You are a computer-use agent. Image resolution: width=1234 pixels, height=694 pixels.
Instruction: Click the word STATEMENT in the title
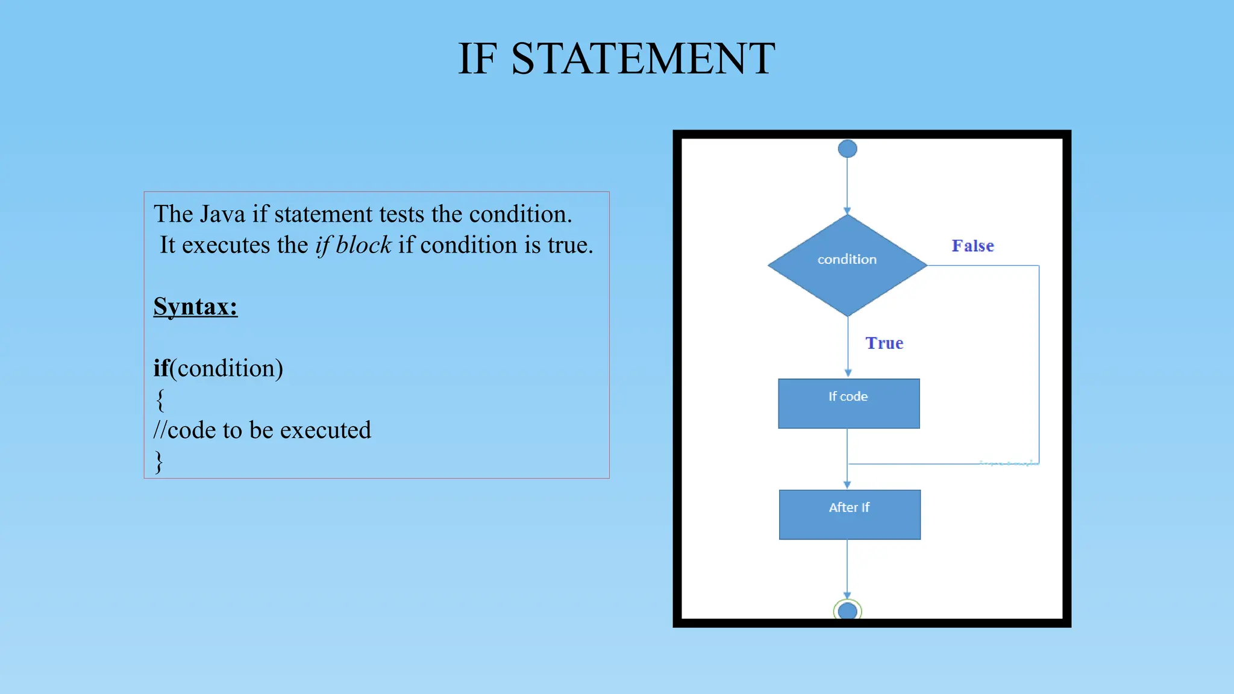click(x=643, y=59)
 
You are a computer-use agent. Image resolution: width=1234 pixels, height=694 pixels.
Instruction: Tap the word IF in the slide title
click(x=477, y=59)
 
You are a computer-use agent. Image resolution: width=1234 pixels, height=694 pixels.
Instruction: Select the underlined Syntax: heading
click(x=195, y=307)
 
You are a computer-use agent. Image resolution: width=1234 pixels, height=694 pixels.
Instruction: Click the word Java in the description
click(x=222, y=214)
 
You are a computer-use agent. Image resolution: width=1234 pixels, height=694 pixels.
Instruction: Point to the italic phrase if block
click(x=353, y=245)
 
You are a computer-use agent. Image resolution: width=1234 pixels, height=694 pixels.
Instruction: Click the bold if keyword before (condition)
click(x=161, y=368)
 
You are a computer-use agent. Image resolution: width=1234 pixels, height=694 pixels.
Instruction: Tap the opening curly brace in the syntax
click(x=160, y=399)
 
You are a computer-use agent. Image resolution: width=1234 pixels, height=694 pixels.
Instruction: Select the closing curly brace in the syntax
click(x=159, y=461)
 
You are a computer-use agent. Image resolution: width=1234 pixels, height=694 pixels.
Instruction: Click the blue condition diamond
click(x=847, y=265)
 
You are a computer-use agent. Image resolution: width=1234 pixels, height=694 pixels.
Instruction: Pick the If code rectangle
click(x=848, y=404)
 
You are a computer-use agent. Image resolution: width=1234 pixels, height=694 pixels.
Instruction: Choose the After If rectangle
click(x=850, y=514)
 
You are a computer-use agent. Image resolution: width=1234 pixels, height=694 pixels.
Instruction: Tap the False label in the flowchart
click(x=972, y=246)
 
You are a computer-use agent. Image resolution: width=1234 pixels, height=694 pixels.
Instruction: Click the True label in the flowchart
click(x=884, y=343)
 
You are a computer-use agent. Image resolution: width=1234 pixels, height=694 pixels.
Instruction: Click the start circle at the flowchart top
click(x=847, y=149)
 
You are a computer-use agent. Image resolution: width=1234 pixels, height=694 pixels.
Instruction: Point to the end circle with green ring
click(x=847, y=611)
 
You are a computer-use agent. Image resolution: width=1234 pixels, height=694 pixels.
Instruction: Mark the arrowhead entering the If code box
click(x=848, y=374)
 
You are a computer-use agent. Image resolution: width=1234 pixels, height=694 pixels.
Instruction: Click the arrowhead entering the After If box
click(x=847, y=485)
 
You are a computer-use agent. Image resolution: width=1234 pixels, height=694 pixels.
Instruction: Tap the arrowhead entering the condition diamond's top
click(x=847, y=211)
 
